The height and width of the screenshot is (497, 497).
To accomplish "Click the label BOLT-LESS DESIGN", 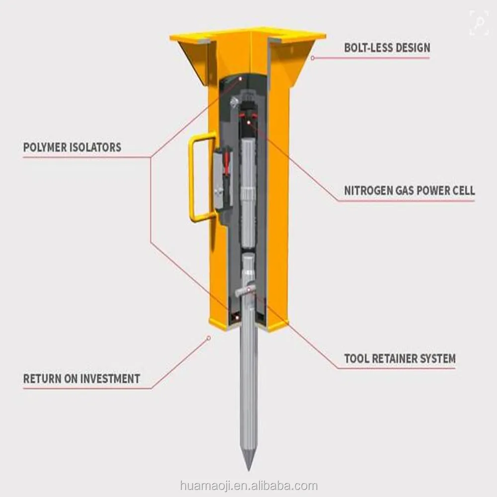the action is (387, 48).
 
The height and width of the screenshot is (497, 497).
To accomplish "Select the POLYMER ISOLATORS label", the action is (72, 148).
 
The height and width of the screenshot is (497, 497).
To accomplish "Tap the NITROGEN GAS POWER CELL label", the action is (410, 190).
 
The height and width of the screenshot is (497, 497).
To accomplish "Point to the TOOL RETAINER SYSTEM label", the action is (400, 358).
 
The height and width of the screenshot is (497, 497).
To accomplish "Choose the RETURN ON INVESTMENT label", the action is (82, 379).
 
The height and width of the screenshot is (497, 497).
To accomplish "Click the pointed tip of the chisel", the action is (248, 470).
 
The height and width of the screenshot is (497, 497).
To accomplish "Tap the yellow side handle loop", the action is (191, 177).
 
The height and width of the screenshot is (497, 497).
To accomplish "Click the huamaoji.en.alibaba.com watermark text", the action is (249, 486).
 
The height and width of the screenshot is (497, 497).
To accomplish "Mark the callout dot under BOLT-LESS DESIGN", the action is (313, 58).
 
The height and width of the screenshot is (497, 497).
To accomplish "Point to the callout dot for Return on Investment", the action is (209, 338).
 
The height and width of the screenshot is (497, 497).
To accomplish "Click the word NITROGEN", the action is (368, 190).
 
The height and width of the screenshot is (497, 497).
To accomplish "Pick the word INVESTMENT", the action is (110, 379).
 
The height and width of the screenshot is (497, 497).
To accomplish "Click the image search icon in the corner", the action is (479, 22).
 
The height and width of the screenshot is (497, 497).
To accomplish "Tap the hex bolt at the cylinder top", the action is (234, 102).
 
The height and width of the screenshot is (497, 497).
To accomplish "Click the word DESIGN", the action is (412, 48).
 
